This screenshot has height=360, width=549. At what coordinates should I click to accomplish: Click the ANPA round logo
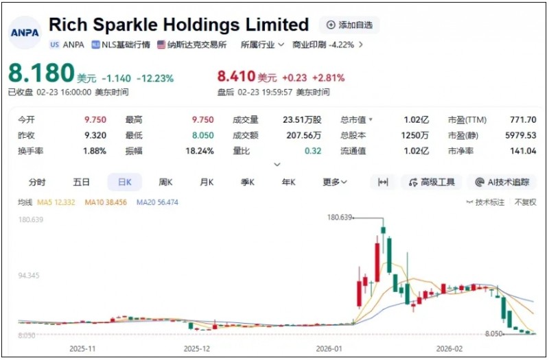tap(25, 32)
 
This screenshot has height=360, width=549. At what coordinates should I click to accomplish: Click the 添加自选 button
tap(349, 25)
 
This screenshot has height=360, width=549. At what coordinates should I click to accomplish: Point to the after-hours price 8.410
tap(236, 77)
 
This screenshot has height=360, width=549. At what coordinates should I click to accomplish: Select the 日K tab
tap(124, 182)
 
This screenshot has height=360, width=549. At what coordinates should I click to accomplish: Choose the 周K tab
tap(165, 182)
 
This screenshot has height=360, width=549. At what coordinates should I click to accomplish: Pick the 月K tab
tap(207, 182)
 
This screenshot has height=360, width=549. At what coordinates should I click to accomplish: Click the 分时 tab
tap(37, 182)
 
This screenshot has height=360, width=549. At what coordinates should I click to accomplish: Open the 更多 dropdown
tap(335, 182)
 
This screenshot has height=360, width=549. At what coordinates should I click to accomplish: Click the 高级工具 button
tap(432, 182)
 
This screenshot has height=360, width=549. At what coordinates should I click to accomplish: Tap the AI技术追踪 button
tap(502, 182)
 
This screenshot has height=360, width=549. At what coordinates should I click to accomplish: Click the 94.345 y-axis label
tap(31, 276)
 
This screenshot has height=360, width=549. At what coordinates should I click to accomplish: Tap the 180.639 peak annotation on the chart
tap(340, 217)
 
